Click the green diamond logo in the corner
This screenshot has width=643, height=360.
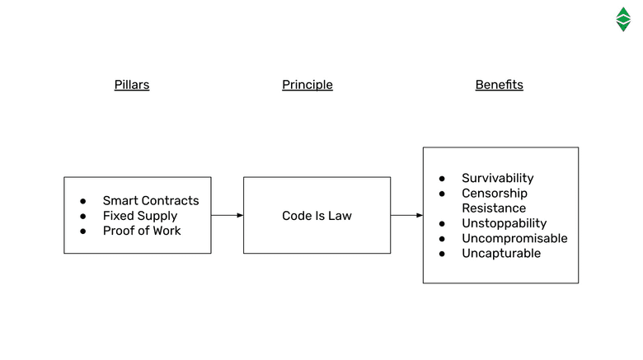point(623,19)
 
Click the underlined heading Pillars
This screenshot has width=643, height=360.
point(132,85)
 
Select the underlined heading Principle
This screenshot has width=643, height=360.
point(307,85)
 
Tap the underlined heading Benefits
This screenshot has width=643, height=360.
point(499,85)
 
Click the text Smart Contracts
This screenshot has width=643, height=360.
point(151,200)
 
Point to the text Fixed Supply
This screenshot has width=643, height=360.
point(140,216)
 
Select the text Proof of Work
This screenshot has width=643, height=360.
point(142,231)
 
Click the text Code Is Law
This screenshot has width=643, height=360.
point(317,216)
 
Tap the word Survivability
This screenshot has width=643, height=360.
point(497,178)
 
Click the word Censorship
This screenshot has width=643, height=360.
point(494,194)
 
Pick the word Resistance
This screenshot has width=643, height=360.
point(494,208)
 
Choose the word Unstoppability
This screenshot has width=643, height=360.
point(504,223)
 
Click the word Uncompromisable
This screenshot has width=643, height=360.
point(514,238)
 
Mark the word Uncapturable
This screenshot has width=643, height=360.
point(501,253)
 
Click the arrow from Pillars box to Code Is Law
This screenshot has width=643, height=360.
point(227,215)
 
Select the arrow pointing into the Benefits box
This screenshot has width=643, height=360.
point(406,215)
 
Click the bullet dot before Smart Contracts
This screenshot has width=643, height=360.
point(83,201)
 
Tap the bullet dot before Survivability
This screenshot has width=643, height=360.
point(442,179)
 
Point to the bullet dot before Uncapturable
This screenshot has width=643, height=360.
point(442,254)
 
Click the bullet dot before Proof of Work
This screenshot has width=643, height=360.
point(83,231)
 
